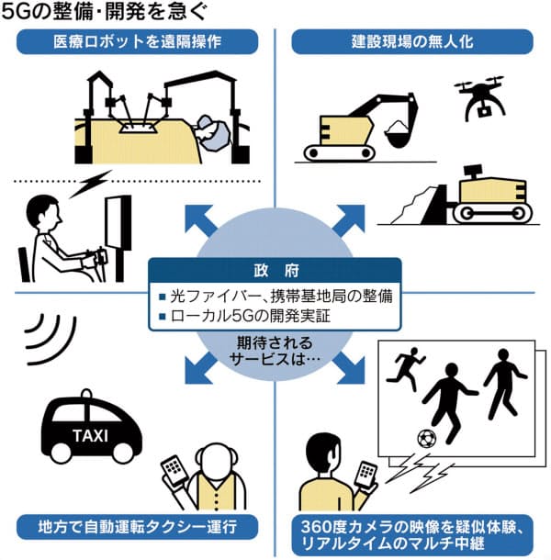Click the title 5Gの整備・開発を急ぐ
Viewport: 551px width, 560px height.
click(x=108, y=13)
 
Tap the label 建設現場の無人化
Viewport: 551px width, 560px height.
click(x=410, y=41)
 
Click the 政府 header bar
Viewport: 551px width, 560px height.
click(x=276, y=272)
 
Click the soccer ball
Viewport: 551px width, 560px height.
click(x=428, y=439)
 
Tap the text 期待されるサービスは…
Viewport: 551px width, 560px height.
click(x=275, y=352)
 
